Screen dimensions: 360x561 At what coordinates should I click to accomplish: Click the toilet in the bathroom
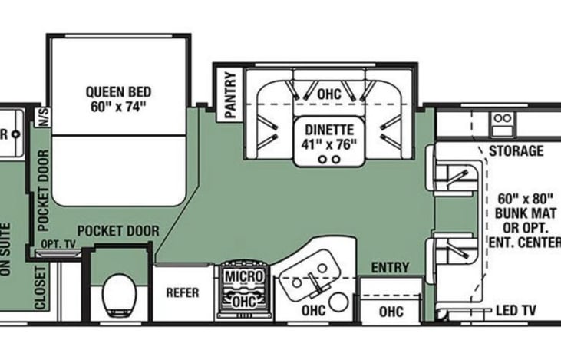(x=120, y=293)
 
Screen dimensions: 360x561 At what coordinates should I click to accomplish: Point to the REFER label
(x=183, y=292)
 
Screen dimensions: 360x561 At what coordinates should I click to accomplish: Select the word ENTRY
(x=390, y=268)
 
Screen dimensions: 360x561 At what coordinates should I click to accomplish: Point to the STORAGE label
(x=515, y=150)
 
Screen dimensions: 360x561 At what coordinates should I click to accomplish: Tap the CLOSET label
(x=40, y=289)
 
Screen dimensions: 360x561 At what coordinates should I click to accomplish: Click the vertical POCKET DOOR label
(x=42, y=187)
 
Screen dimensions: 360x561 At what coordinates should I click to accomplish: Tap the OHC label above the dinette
(x=328, y=93)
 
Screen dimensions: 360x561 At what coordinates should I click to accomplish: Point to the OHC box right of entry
(x=391, y=312)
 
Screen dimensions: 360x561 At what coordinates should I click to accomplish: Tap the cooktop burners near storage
(x=502, y=119)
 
